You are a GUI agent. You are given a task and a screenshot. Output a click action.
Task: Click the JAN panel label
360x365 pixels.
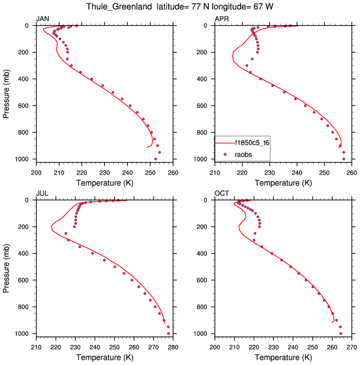(43, 19)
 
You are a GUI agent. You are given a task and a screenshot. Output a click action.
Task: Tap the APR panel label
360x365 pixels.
(221, 19)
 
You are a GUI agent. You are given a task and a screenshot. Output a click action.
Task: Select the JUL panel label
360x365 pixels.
(42, 194)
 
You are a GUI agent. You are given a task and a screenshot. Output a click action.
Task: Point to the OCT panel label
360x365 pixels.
(222, 194)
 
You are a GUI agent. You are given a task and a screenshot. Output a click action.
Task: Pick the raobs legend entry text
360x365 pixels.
(244, 155)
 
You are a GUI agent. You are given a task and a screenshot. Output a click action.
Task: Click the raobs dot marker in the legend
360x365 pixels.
(225, 155)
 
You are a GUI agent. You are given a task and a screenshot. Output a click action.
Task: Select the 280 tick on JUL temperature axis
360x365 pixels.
(173, 346)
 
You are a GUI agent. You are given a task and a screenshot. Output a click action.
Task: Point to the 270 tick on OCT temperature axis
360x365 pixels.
(351, 346)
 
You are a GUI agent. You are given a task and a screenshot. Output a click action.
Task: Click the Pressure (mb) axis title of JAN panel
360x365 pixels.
(6, 92)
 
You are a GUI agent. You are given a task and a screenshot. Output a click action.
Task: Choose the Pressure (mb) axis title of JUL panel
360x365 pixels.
(6, 267)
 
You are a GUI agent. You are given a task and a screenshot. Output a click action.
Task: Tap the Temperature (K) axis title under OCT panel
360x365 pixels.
(283, 357)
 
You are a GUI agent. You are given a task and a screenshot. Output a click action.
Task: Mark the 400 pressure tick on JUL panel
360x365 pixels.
(26, 254)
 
